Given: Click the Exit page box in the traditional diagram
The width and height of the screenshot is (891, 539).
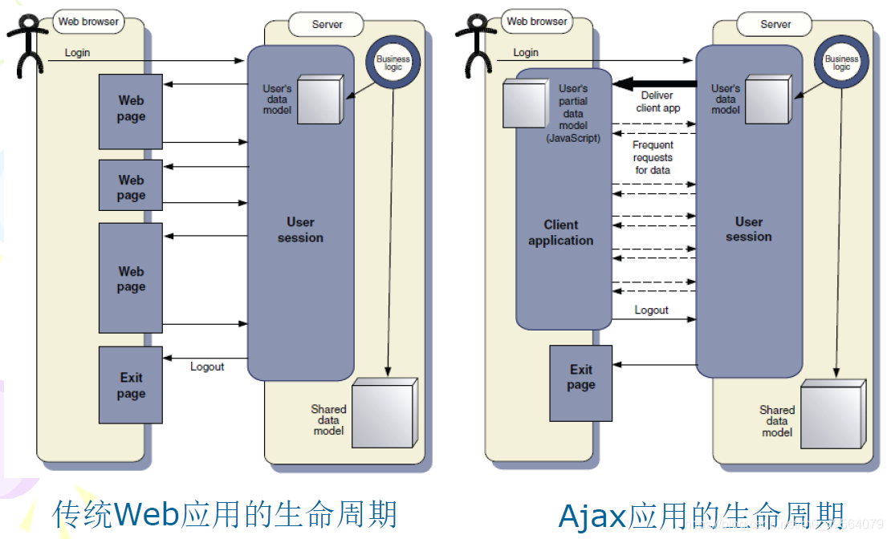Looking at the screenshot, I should [131, 385].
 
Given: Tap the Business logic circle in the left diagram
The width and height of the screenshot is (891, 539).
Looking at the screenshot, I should [393, 64].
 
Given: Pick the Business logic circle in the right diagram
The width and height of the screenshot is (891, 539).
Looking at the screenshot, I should [841, 64].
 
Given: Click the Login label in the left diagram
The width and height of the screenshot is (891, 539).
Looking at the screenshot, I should [77, 53].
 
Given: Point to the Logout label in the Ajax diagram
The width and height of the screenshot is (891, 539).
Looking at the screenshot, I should [651, 310].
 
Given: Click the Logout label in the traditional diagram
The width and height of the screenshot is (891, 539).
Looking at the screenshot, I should [207, 367].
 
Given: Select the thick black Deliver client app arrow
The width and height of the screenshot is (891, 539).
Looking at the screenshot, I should [653, 84].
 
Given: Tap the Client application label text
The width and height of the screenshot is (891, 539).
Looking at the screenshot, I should [561, 233].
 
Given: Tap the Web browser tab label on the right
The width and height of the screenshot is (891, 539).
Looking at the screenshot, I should [537, 22].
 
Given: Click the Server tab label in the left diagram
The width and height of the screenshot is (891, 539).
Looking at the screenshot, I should [328, 24].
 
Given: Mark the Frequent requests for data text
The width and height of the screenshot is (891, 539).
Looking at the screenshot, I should [653, 157].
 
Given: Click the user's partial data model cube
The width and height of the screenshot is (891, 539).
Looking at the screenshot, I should [524, 103].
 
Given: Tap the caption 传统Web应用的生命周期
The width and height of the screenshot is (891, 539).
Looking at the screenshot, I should [226, 514].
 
